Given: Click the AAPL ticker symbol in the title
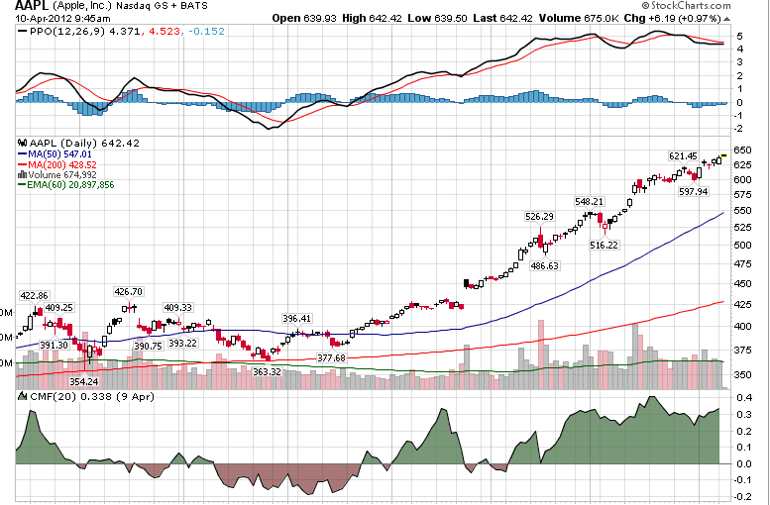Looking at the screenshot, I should tap(32, 6).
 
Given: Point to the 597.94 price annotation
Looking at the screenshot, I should tap(693, 192).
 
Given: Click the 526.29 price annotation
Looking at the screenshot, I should tap(539, 217).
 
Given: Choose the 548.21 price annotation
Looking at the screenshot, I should tap(589, 202).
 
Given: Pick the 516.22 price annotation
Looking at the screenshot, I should tap(605, 245).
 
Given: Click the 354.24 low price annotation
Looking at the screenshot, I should tap(82, 381).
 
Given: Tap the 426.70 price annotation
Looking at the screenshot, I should tap(129, 292).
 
